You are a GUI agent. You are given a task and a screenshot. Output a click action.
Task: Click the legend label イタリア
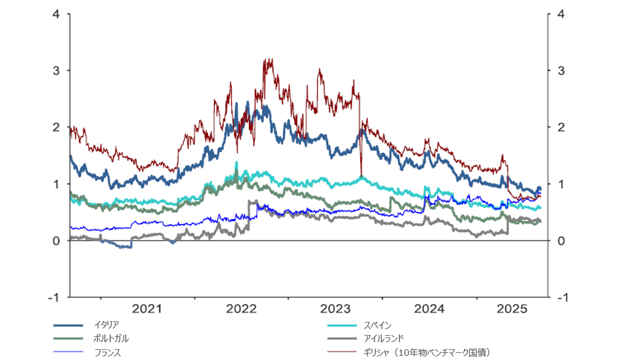tap(106, 324)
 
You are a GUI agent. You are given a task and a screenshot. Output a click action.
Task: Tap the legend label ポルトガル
tap(111, 339)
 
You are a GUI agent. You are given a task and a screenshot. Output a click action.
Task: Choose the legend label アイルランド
tap(384, 339)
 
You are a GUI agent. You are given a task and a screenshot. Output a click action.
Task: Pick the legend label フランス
tap(108, 353)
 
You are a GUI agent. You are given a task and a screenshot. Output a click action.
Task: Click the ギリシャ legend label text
tap(428, 353)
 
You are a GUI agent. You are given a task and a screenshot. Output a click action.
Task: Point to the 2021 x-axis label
tap(147, 309)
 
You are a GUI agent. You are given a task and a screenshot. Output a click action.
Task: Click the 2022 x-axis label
tap(241, 309)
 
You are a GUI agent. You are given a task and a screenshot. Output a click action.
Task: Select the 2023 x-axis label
tap(335, 309)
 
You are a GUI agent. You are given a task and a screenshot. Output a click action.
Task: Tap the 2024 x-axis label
tap(429, 309)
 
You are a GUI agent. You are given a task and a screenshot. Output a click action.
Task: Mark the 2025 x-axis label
tap(511, 309)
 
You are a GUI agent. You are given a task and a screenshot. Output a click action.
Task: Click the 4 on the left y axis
tap(56, 14)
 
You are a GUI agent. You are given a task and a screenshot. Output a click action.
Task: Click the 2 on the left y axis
tap(56, 127)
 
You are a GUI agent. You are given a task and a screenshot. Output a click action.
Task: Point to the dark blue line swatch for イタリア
tap(67, 325)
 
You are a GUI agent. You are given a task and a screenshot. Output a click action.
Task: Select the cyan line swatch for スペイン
tap(343, 325)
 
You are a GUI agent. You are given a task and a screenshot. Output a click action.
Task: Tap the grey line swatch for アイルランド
tap(343, 339)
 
